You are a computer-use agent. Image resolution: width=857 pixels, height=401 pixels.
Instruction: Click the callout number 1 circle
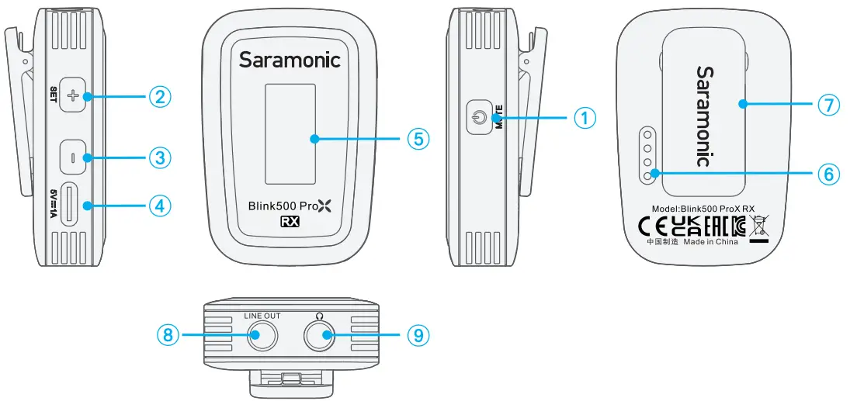point(584,118)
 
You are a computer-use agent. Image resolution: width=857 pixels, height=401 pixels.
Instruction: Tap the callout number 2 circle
point(159,97)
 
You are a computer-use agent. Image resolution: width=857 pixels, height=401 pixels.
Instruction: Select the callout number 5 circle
point(418,139)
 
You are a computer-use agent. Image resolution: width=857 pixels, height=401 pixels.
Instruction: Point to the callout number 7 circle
point(829,104)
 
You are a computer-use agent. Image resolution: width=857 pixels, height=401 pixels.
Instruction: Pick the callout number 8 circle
point(168,335)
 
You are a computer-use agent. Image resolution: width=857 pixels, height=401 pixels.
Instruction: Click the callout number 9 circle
point(418,335)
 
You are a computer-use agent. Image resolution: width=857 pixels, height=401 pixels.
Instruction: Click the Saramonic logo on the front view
point(290,60)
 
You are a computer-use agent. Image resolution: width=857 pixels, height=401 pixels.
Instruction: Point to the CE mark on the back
point(651,226)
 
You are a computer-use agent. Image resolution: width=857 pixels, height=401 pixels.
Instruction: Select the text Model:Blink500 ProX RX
point(703,209)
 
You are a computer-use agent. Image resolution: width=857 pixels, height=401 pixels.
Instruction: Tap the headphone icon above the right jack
point(318,316)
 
